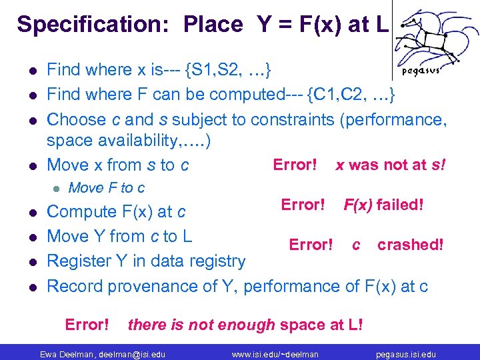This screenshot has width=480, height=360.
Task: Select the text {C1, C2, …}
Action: click(x=351, y=95)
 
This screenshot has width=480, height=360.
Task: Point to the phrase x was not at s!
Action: click(x=389, y=165)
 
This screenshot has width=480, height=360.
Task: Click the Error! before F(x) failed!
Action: click(x=303, y=204)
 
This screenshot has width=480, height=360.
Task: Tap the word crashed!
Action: click(x=410, y=245)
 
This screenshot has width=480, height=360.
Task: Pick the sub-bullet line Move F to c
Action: click(x=107, y=188)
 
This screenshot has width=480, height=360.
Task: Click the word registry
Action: click(x=217, y=261)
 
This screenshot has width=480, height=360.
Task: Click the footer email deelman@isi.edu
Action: click(x=131, y=353)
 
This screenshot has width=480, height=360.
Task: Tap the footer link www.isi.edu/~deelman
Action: click(x=275, y=353)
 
